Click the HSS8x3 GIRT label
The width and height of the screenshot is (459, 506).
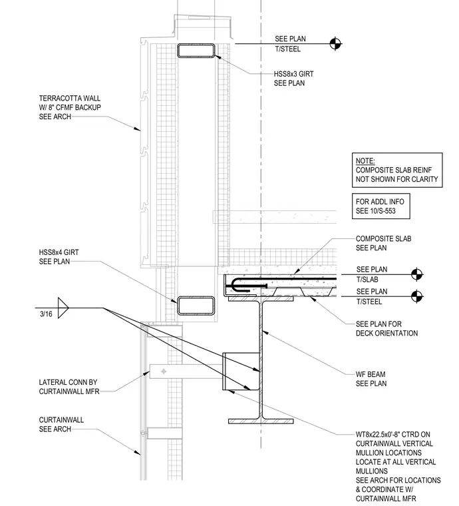pos(293,74)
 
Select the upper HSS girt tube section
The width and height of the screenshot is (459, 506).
pos(196,51)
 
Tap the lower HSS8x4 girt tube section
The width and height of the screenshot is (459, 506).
pos(196,306)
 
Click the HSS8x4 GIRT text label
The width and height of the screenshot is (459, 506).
pos(59,252)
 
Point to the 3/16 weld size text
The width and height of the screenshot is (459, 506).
pos(46,314)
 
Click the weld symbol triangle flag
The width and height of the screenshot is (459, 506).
pos(63,308)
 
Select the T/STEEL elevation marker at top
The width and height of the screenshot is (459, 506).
pos(335,43)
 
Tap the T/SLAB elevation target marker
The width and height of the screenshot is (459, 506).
pos(417,274)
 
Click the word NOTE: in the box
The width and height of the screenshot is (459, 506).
pos(365,160)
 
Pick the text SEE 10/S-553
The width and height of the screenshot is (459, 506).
pos(376,211)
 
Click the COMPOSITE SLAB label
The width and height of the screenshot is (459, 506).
pos(384,239)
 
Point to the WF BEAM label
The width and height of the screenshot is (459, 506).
pos(371,374)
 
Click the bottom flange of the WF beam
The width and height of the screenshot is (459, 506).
pos(261,421)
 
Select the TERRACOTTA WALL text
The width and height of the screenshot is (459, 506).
pos(70,98)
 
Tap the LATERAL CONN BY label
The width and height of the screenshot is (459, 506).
pos(68,382)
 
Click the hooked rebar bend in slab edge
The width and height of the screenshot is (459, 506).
pos(236,285)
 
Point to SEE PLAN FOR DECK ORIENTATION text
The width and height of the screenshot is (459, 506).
pos(386,328)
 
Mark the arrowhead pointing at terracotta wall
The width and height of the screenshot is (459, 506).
pos(138,128)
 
